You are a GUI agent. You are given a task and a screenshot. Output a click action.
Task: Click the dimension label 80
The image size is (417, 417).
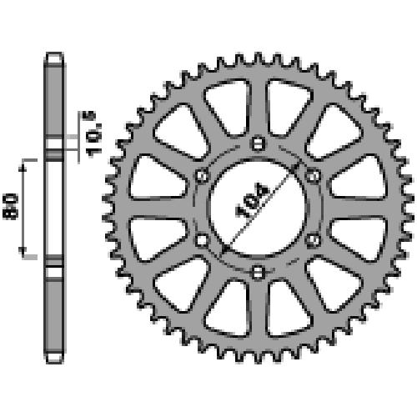tap(11, 207)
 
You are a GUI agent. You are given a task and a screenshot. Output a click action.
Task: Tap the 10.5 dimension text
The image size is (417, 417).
tap(93, 134)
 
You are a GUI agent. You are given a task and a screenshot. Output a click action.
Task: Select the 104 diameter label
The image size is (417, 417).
tap(252, 200)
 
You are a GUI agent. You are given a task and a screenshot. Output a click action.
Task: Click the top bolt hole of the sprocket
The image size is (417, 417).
tap(258, 143)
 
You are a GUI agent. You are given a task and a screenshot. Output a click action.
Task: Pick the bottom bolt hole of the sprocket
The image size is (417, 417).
tap(258, 272)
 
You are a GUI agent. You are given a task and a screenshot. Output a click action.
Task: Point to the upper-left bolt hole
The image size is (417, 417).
tap(202, 176)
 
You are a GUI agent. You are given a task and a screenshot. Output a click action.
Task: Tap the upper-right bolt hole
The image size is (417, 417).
tap(313, 176)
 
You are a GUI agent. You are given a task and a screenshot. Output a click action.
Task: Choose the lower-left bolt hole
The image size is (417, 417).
tap(202, 240)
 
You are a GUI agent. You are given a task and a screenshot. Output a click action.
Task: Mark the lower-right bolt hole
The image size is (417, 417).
tap(313, 239)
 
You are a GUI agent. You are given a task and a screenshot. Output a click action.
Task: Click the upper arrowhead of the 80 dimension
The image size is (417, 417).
tap(23, 168)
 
